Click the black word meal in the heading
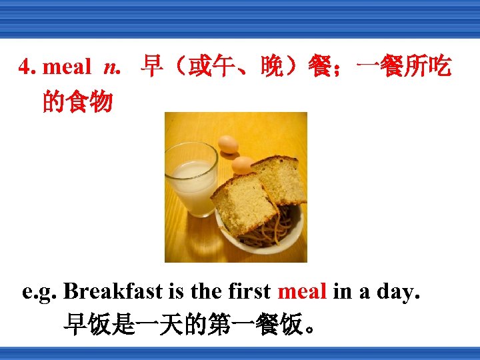click(x=67, y=67)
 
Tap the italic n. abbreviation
click(x=113, y=67)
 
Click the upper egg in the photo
click(x=228, y=143)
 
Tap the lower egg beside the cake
click(x=241, y=165)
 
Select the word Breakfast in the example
click(x=113, y=291)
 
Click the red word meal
click(x=301, y=291)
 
